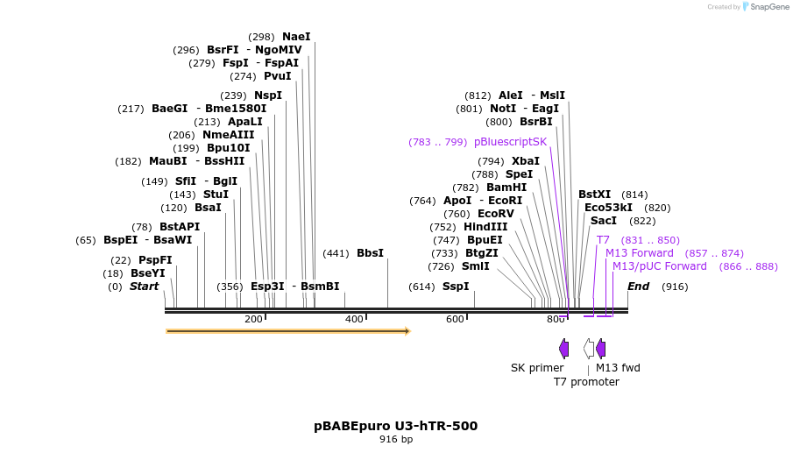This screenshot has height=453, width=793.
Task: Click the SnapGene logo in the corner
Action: (x=764, y=7)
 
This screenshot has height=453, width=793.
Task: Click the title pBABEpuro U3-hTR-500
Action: (x=396, y=426)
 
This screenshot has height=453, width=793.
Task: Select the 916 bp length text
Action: (x=396, y=439)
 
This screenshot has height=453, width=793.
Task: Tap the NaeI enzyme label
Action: (x=296, y=37)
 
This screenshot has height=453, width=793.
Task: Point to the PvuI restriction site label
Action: (x=277, y=76)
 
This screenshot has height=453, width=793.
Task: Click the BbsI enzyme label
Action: (x=370, y=253)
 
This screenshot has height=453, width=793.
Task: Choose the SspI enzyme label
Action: (x=456, y=287)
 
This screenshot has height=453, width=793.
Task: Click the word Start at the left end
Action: (x=145, y=287)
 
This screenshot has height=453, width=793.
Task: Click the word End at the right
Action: (x=638, y=287)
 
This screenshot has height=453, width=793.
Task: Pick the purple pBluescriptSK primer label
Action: (x=510, y=142)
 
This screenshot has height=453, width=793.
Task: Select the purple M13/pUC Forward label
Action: (x=659, y=266)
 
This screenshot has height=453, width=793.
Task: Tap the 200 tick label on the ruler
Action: (x=254, y=320)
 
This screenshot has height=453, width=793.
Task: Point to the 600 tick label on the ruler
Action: (x=455, y=320)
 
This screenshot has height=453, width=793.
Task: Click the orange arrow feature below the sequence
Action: (x=288, y=331)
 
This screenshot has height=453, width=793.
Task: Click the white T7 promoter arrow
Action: (x=589, y=349)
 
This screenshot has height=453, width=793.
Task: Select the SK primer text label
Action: (x=537, y=368)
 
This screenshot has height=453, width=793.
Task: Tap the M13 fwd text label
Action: (x=618, y=368)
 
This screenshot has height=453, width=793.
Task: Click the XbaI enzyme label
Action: (x=526, y=161)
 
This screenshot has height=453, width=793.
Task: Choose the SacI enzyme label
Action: (x=603, y=221)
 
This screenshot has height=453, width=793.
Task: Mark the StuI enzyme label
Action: (x=216, y=195)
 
